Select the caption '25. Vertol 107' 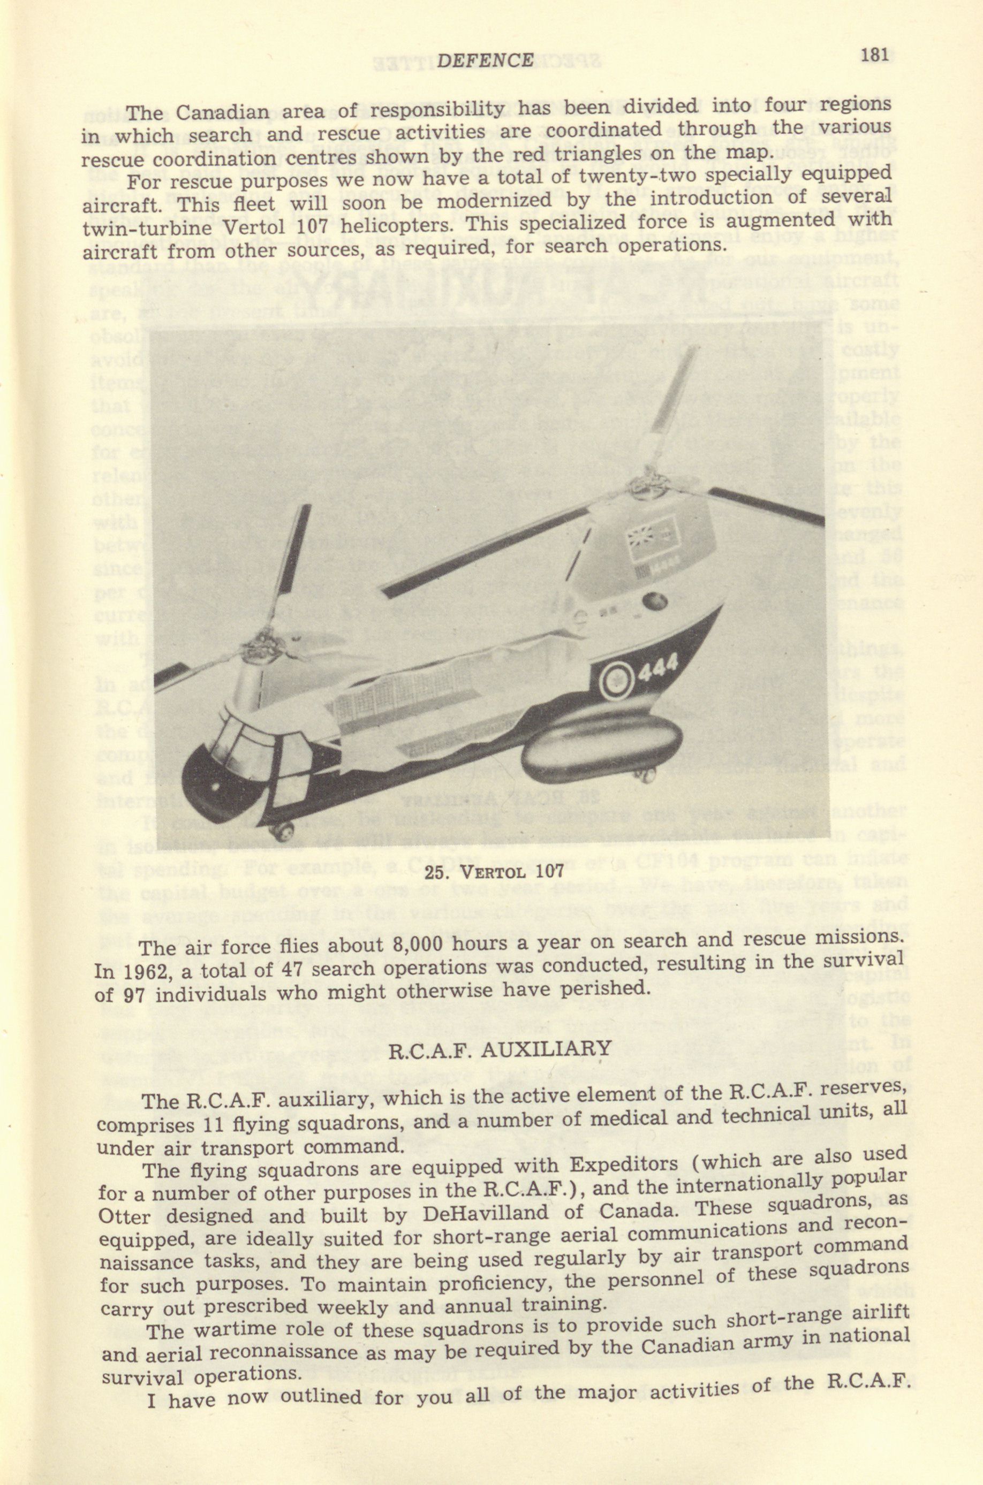coord(494,872)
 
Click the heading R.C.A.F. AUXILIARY coord(500,1049)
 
